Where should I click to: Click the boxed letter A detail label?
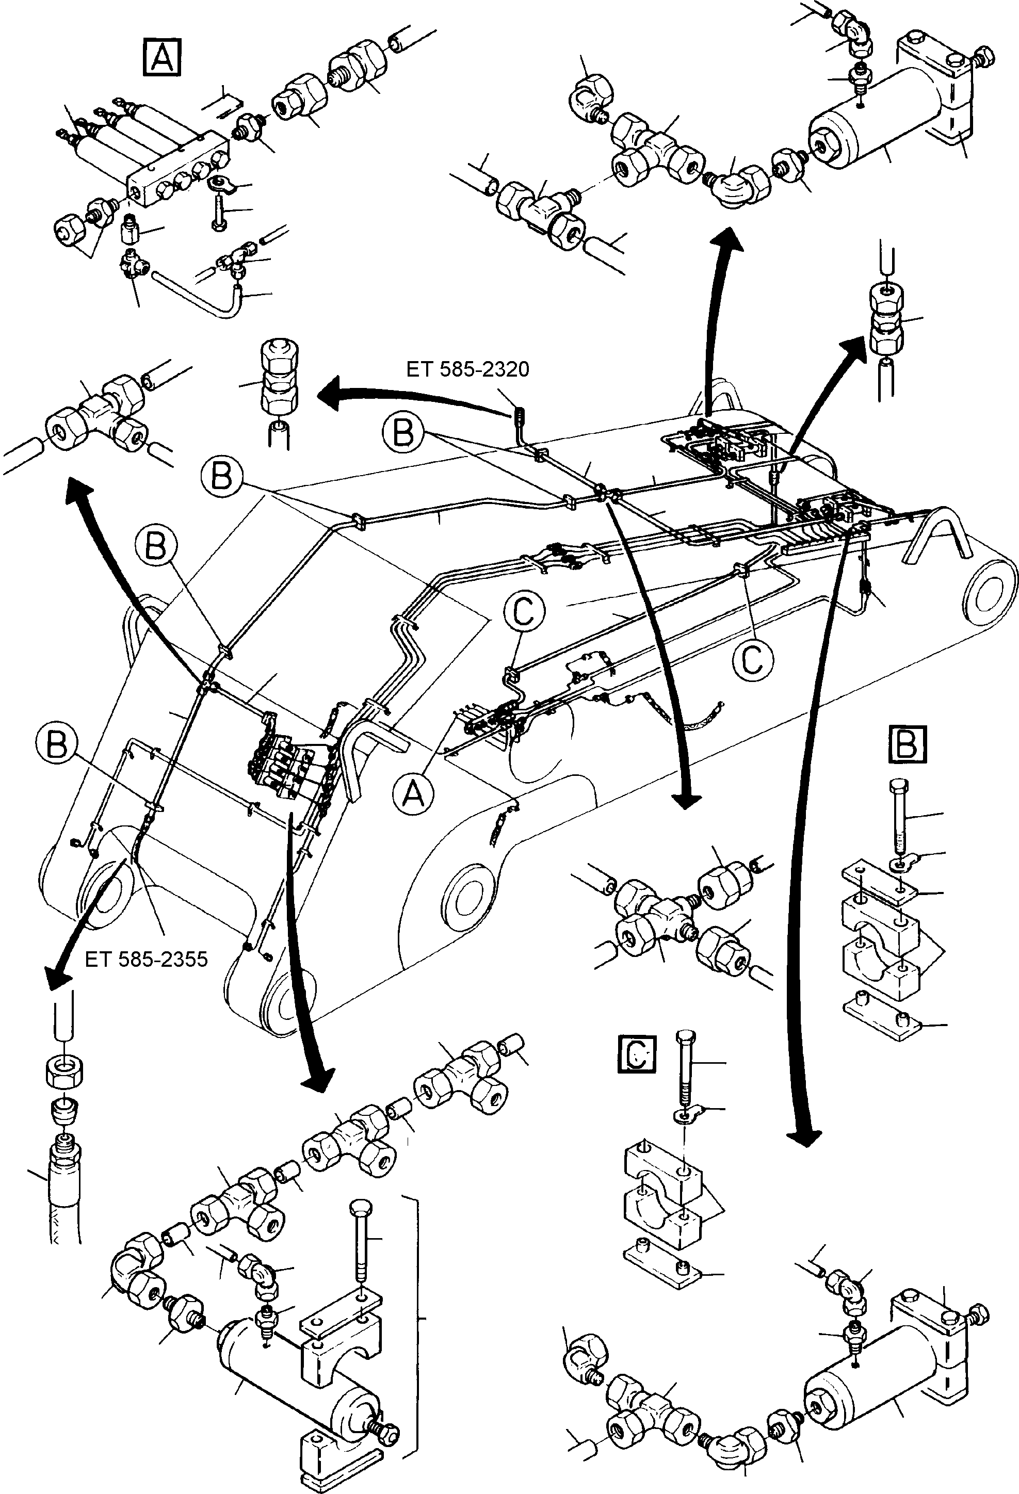(x=161, y=57)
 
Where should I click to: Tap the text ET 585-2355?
(x=146, y=960)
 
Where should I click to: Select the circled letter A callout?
(x=413, y=795)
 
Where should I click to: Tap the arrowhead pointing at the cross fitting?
(x=686, y=800)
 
